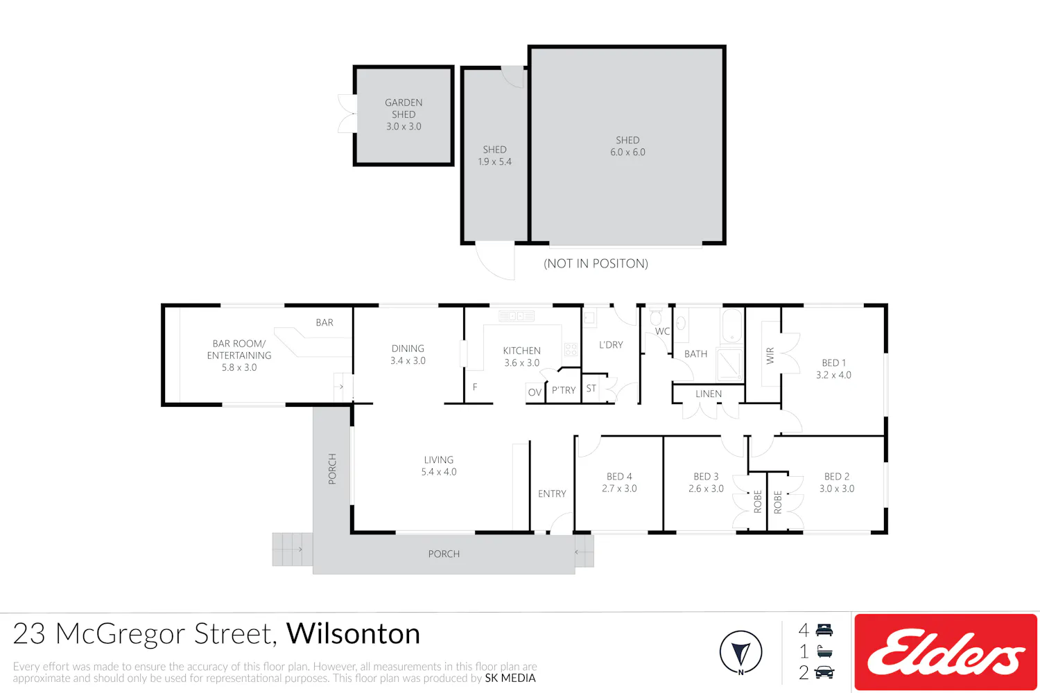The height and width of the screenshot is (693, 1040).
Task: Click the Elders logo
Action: (946, 651)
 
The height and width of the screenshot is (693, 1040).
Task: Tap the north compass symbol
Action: (740, 652)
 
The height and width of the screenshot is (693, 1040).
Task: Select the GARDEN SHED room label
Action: (404, 108)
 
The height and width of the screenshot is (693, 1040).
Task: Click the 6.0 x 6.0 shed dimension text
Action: (627, 152)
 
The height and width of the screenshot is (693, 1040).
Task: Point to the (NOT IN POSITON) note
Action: (596, 263)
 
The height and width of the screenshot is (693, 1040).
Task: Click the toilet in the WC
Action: (656, 317)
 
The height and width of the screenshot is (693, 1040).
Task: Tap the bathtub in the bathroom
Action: (732, 326)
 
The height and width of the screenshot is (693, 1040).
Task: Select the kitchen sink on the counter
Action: (517, 316)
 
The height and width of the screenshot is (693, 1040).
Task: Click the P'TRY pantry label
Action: (564, 390)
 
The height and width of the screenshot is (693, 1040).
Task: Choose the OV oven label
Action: (535, 392)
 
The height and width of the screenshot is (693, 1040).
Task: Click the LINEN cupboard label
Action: (709, 394)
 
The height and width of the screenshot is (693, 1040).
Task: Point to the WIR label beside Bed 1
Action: (770, 356)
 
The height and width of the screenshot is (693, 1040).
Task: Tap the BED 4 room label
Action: (619, 476)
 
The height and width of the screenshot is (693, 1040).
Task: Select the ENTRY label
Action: (552, 493)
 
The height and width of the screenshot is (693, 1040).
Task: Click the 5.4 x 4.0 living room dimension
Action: (439, 472)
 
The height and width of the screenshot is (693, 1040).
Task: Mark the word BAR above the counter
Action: (324, 322)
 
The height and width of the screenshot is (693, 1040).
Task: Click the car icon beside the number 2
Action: (824, 673)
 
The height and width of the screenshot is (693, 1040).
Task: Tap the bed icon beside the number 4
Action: (824, 630)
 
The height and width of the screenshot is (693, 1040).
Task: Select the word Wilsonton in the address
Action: (353, 633)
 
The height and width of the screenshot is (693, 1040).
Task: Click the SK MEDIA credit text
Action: (510, 678)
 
